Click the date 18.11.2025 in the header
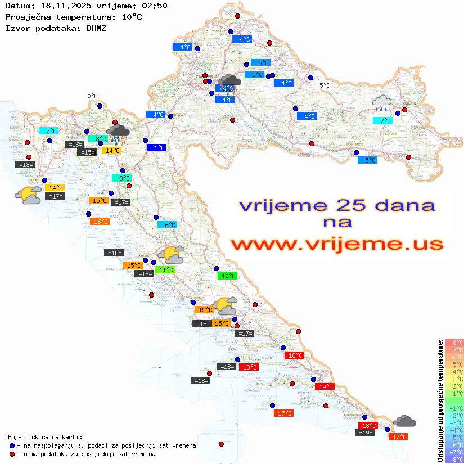click(61, 6)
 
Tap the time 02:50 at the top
click(154, 6)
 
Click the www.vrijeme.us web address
click(337, 244)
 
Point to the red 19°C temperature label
click(325, 387)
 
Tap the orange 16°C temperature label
click(100, 222)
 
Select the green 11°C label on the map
click(165, 270)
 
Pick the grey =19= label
click(366, 433)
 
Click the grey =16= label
click(74, 145)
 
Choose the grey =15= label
click(85, 152)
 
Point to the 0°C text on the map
click(92, 96)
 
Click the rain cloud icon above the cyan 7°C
click(382, 102)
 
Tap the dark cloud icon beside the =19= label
click(404, 421)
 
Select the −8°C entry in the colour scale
click(454, 459)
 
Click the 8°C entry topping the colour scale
click(454, 342)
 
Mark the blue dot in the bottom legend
click(12, 445)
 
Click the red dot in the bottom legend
click(12, 454)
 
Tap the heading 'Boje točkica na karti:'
click(45, 436)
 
